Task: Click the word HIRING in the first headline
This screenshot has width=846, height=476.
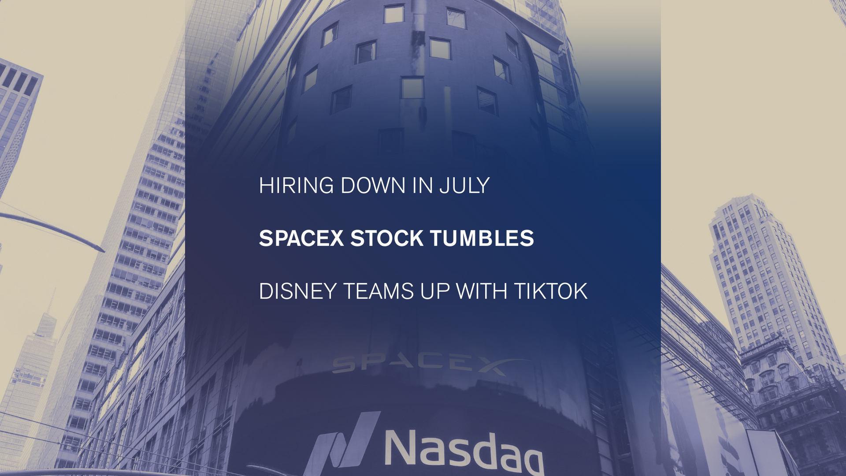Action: point(296,186)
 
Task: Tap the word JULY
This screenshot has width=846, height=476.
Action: point(464,186)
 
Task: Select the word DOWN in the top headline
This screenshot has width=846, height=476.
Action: point(373,186)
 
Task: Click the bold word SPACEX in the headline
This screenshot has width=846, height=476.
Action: point(301,238)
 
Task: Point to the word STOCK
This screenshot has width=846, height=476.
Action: point(387,238)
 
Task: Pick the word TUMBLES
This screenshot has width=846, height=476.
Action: point(482,238)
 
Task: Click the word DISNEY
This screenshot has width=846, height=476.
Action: point(298,291)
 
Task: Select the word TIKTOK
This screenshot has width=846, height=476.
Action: point(551,291)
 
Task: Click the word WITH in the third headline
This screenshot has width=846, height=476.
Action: point(482,291)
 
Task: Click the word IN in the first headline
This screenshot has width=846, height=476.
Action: point(422,186)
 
